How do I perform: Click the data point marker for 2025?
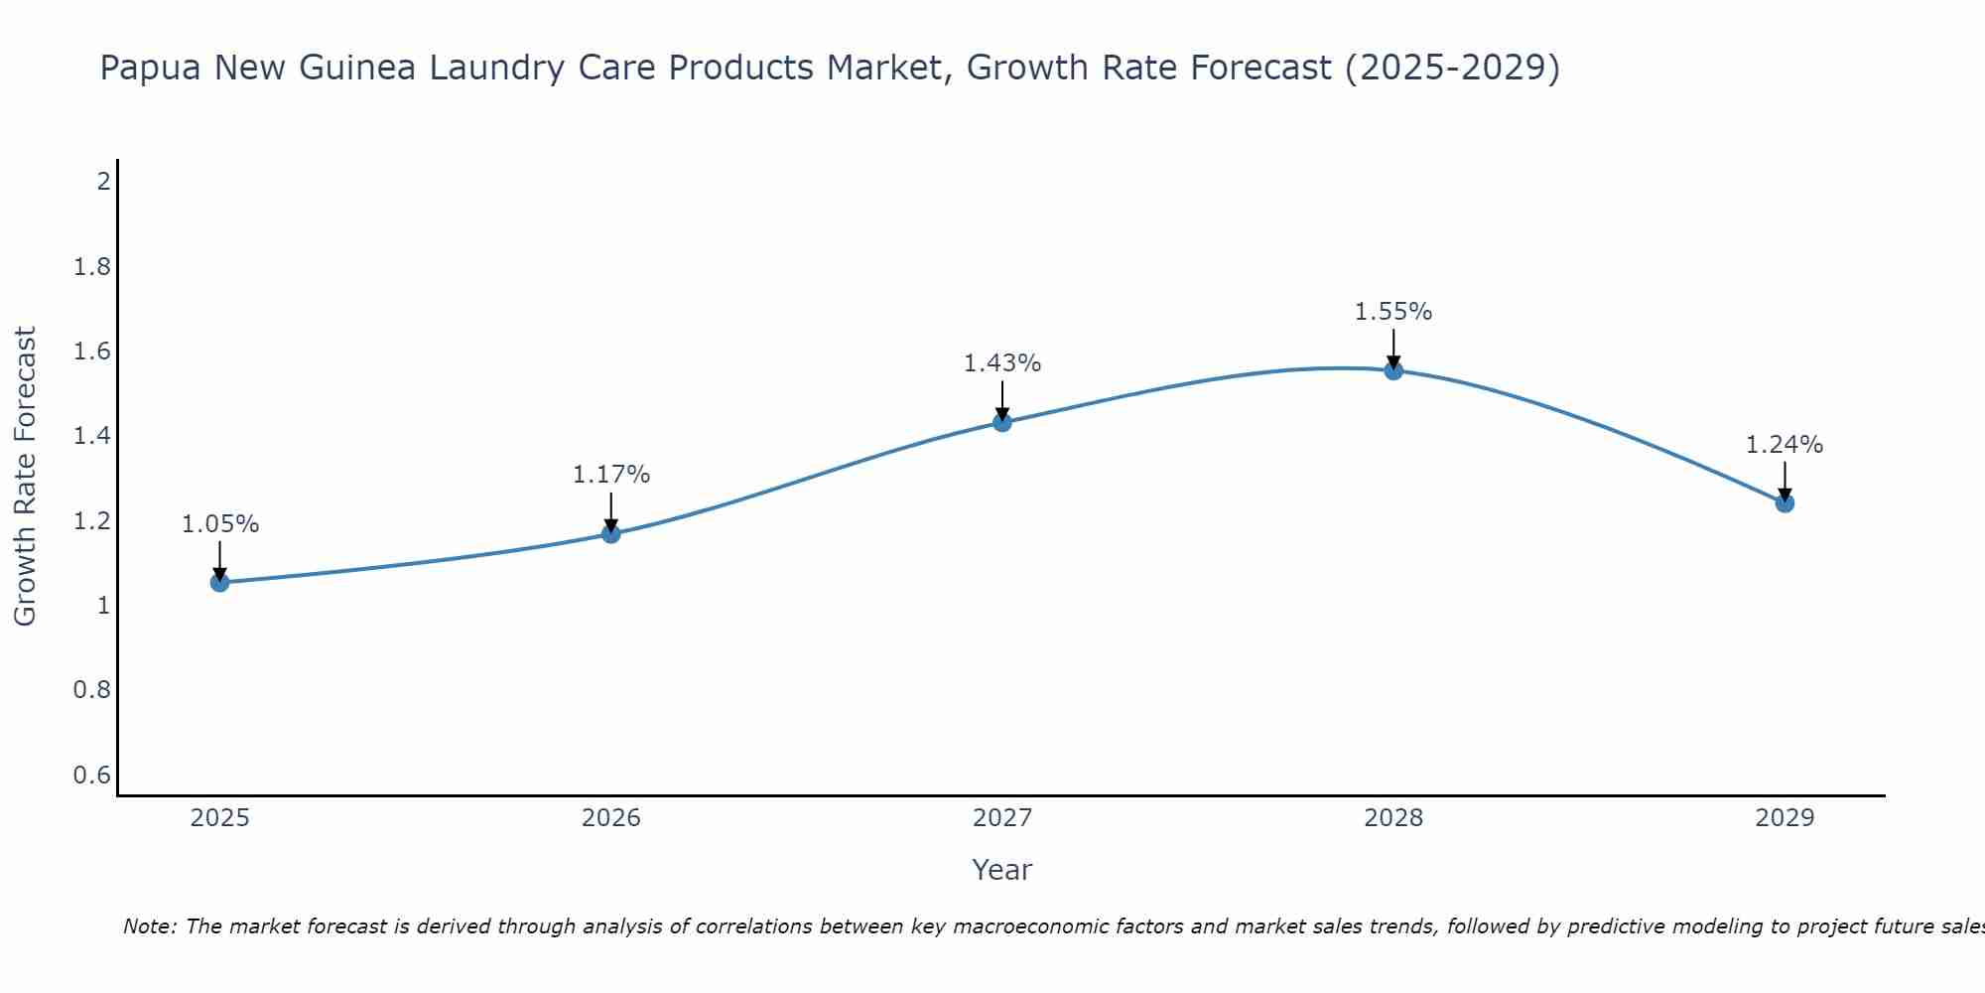coord(220,582)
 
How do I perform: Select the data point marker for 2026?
coord(611,533)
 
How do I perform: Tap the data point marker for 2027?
coord(1002,422)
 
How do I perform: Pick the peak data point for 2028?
coord(1393,370)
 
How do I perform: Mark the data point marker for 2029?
coord(1785,502)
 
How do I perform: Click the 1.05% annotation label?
coord(220,524)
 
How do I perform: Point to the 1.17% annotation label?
coord(611,475)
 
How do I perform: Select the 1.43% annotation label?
coord(1002,363)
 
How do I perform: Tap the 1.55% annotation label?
coord(1393,312)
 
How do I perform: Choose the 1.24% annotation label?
coord(1785,445)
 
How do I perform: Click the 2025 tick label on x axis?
coord(220,818)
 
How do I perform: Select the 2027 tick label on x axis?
coord(1002,818)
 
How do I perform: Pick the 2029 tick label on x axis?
coord(1785,818)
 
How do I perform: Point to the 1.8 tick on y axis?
coord(92,267)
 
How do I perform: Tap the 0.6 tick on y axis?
coord(92,775)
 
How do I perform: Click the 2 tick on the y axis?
coord(102,182)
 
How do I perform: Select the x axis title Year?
coord(1002,870)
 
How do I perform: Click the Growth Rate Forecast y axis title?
coord(25,477)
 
